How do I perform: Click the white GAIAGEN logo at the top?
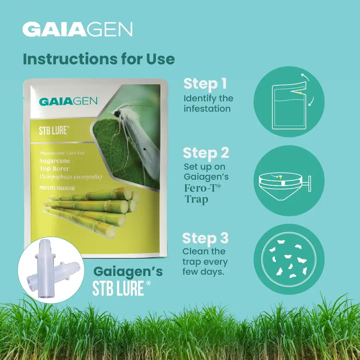click(x=77, y=29)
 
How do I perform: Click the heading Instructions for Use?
click(x=99, y=59)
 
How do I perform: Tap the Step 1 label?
click(x=205, y=84)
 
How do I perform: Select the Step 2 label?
click(x=206, y=153)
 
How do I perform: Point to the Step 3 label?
click(x=205, y=239)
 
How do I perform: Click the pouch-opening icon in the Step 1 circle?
click(x=289, y=107)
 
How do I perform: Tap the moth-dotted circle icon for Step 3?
click(x=289, y=259)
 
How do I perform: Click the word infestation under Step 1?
click(x=207, y=109)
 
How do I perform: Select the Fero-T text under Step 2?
click(x=203, y=188)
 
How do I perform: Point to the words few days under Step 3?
click(x=203, y=272)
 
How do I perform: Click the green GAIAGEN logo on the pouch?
click(x=68, y=101)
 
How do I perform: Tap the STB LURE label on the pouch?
click(x=52, y=130)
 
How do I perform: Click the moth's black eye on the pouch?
click(x=117, y=114)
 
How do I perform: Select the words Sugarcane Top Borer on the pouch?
click(x=55, y=165)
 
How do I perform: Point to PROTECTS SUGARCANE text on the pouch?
click(x=57, y=188)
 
